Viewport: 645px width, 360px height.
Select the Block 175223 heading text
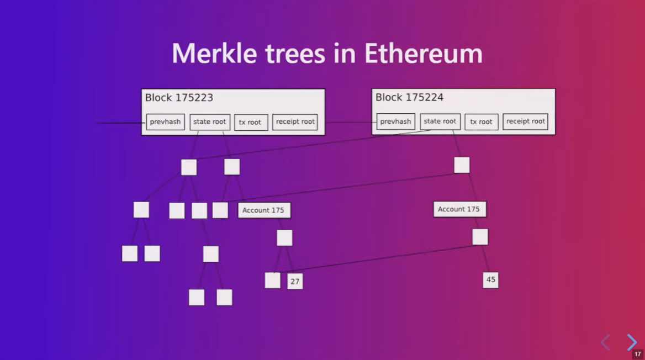pyautogui.click(x=179, y=98)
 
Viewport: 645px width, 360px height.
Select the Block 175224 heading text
pyautogui.click(x=409, y=98)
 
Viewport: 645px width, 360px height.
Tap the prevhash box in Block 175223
pyautogui.click(x=165, y=122)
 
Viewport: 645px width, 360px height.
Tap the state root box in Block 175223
pyautogui.click(x=210, y=122)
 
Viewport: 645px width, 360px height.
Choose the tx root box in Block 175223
pyautogui.click(x=251, y=123)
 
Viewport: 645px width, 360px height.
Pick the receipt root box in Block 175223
pyautogui.click(x=295, y=122)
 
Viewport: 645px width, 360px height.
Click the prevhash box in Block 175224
pyautogui.click(x=395, y=121)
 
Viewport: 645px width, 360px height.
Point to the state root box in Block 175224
pyautogui.click(x=440, y=121)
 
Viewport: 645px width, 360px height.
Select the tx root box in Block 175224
pyautogui.click(x=481, y=122)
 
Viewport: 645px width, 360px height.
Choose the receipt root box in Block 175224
pyautogui.click(x=525, y=121)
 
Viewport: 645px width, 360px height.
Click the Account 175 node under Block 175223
pyautogui.click(x=264, y=210)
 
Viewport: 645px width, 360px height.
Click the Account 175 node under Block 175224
pyautogui.click(x=459, y=209)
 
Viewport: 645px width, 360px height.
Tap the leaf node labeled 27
pyautogui.click(x=295, y=282)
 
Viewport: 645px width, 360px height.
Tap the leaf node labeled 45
pyautogui.click(x=490, y=280)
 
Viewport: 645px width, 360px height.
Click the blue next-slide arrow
pyautogui.click(x=632, y=342)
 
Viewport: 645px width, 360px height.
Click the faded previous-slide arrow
pyautogui.click(x=605, y=342)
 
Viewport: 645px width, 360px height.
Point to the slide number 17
pyautogui.click(x=638, y=354)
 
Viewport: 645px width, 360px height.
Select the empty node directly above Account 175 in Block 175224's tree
pyautogui.click(x=462, y=165)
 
